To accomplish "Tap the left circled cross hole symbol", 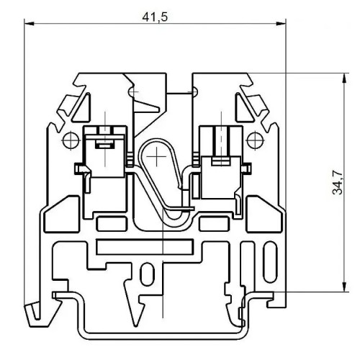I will (70, 139).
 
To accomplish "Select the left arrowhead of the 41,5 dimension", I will (29, 24).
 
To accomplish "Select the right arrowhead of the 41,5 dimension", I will (283, 24).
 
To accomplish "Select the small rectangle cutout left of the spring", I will (108, 222).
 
